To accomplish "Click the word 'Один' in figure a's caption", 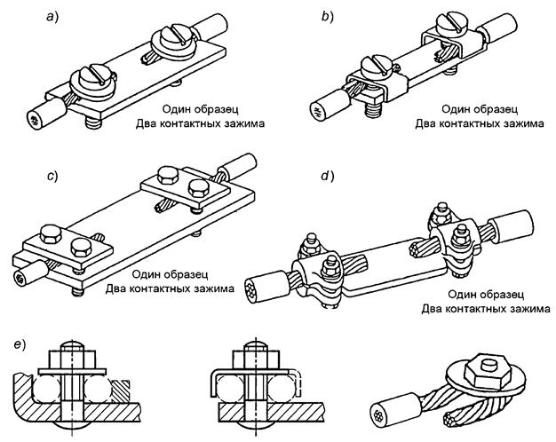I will pos(175,110).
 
